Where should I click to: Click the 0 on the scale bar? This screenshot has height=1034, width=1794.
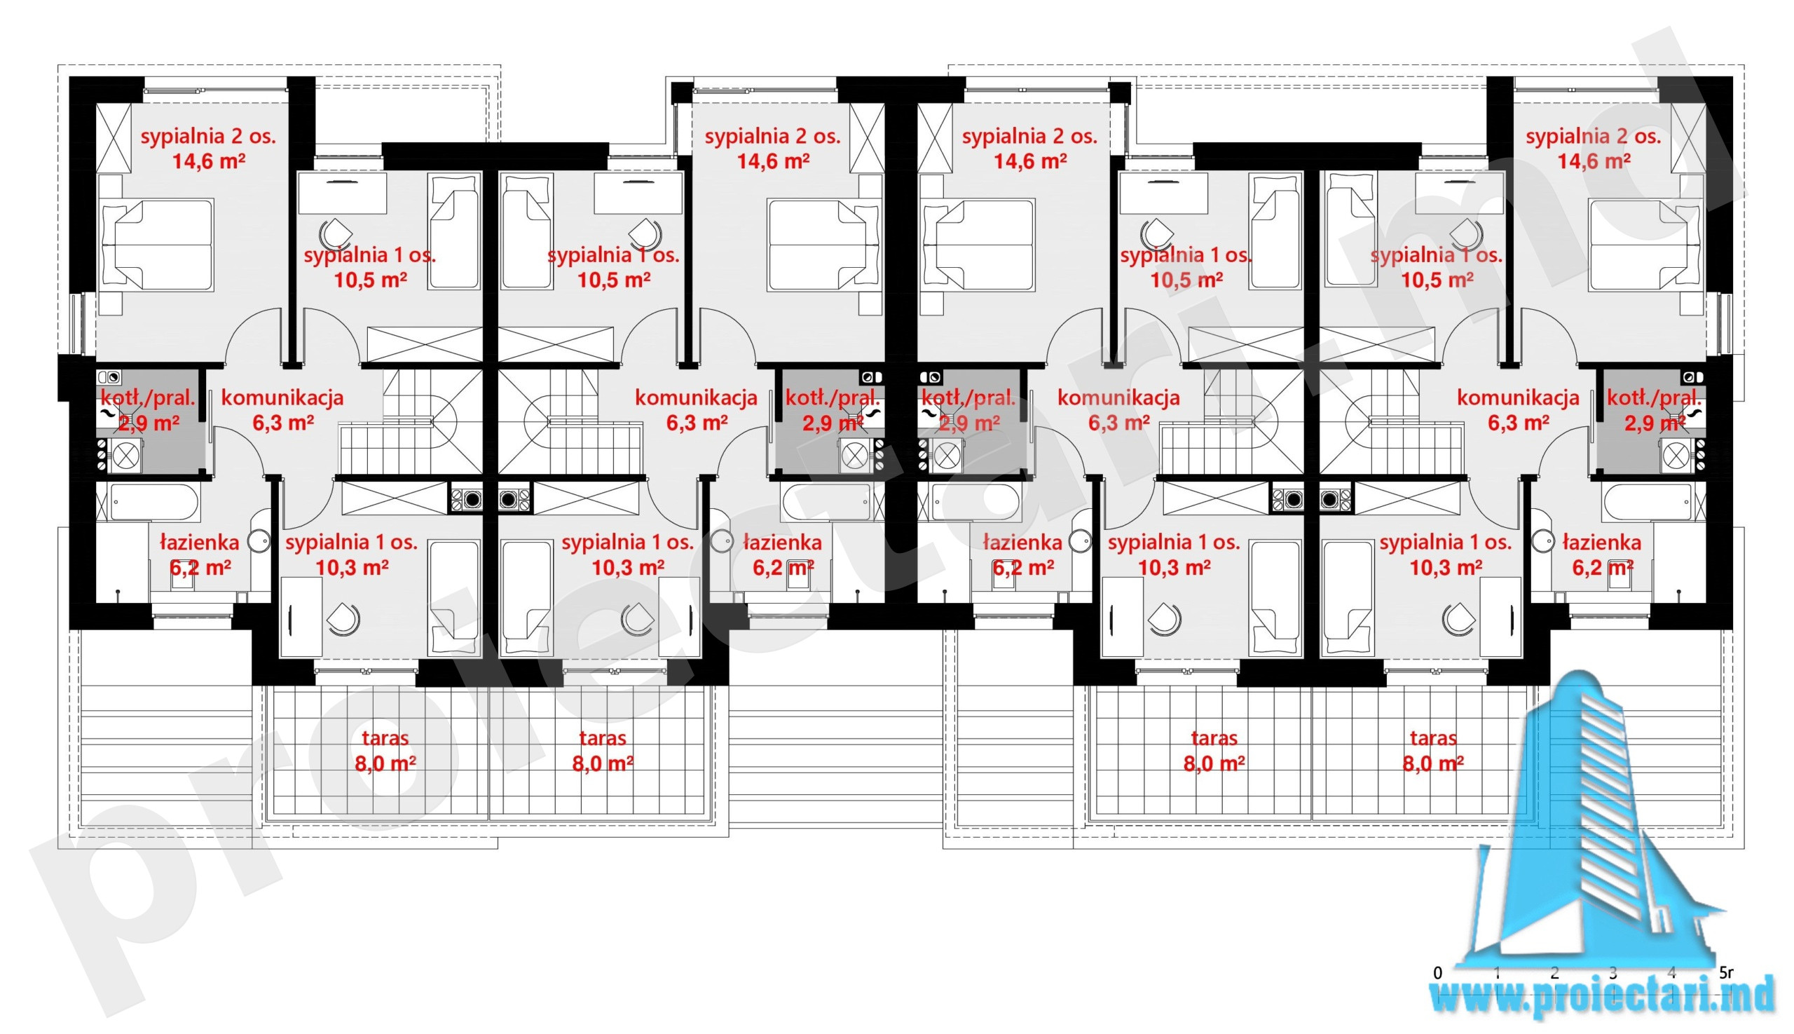tap(1437, 972)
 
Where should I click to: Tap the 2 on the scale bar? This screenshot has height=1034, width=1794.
tap(1554, 972)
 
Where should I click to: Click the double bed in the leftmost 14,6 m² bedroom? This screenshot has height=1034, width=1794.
tap(158, 245)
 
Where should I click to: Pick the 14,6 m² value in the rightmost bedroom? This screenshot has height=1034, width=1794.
tap(1594, 161)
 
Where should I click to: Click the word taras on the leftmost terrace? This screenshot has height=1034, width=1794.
tap(385, 738)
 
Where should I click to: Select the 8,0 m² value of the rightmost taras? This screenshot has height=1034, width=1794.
tap(1432, 763)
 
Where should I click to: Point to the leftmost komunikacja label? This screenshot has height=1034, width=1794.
tap(282, 397)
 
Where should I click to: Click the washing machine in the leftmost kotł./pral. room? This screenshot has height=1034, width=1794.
tap(125, 455)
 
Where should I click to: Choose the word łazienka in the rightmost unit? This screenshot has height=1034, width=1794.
tap(1601, 543)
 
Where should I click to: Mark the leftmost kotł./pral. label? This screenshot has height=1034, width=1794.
tap(148, 397)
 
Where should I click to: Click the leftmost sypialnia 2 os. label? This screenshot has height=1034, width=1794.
tap(208, 137)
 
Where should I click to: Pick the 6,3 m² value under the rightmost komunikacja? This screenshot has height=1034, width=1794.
tap(1518, 423)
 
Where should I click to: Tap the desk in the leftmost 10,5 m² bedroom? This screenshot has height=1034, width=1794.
tap(342, 193)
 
